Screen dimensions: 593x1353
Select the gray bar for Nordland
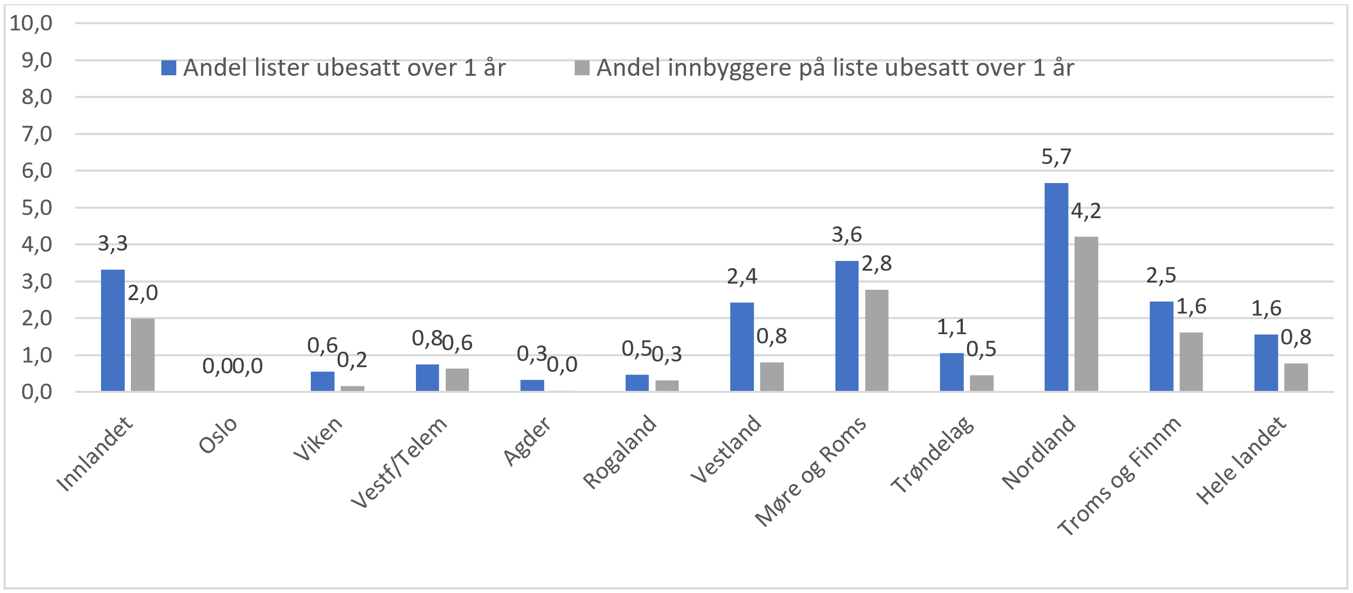point(1085,314)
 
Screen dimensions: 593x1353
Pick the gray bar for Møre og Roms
point(877,340)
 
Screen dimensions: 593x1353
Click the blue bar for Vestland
point(742,347)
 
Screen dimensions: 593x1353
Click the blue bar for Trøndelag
point(951,372)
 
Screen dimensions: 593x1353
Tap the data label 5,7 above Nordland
point(1056,157)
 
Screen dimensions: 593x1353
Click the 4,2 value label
point(1085,211)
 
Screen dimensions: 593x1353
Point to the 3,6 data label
point(847,234)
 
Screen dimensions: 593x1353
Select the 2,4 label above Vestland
point(742,276)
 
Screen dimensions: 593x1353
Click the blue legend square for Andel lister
point(169,68)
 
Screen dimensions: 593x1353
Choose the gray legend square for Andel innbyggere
point(581,68)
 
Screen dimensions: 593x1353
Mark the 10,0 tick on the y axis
point(31,23)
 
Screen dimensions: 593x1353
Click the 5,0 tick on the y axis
point(37,208)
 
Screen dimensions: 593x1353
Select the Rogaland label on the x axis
point(620,452)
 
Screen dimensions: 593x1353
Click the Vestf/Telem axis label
point(399,462)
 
